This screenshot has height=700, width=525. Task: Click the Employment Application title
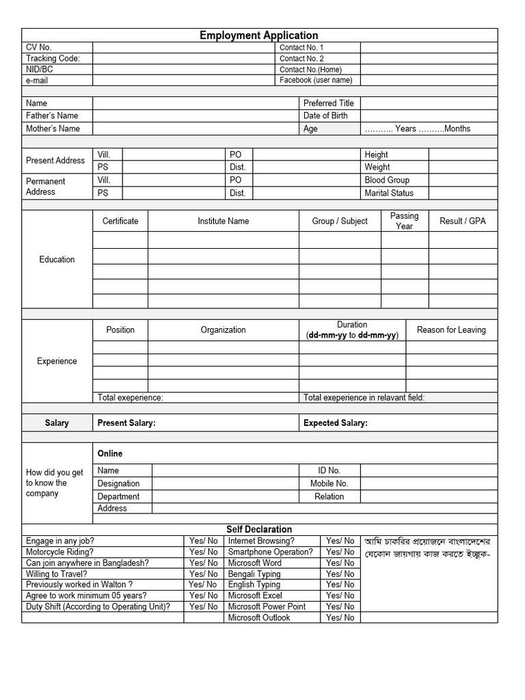coord(258,36)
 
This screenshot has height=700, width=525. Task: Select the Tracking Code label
coord(53,59)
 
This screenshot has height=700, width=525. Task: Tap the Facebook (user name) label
coord(316,80)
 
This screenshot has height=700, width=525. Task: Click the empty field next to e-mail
coord(184,80)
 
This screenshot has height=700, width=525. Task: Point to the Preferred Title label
coord(329,103)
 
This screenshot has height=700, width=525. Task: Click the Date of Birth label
coord(325,116)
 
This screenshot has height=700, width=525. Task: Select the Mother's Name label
coord(53,129)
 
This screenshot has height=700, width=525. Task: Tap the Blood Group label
coord(387,180)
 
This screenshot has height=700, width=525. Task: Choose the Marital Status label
coord(389,193)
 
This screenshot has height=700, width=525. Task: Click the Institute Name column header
coord(223,221)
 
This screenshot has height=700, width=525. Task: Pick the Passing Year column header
coord(404,221)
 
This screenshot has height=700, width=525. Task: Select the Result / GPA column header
coord(463,221)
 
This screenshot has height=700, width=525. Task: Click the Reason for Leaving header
coord(451,329)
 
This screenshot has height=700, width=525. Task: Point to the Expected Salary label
coord(336,423)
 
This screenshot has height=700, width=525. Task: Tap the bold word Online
coord(110,453)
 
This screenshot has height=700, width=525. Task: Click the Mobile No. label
coord(329,483)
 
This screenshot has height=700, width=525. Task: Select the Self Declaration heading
coord(259,529)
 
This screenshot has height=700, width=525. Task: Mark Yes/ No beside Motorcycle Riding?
coord(204,552)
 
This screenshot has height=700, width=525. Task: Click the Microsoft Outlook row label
coord(259,617)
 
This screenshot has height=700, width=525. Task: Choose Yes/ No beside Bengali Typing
coord(340,574)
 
